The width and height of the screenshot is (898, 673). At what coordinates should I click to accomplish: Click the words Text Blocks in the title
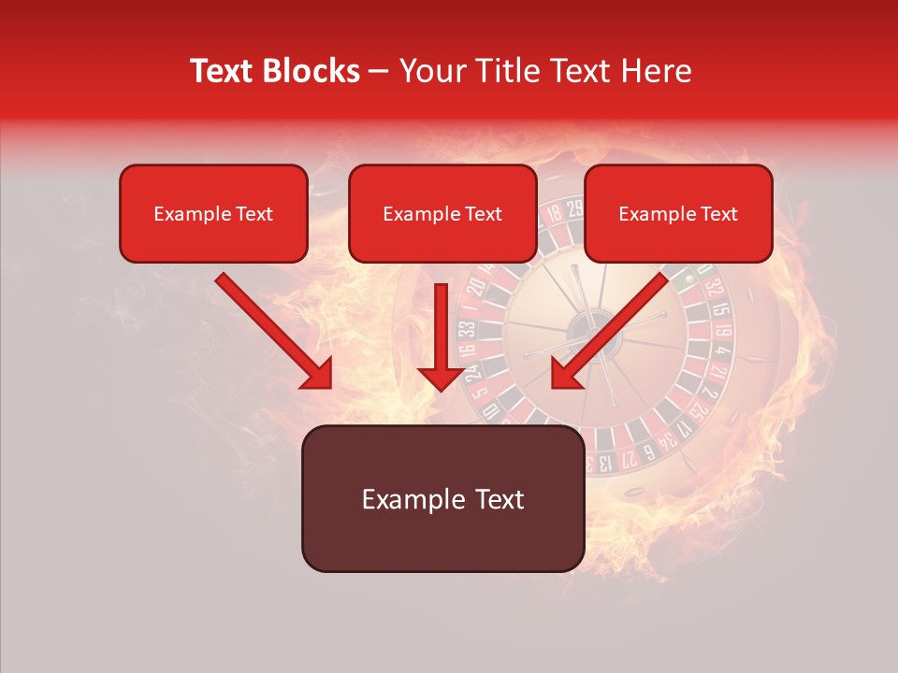[275, 71]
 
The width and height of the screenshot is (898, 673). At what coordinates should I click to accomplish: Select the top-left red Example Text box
[213, 213]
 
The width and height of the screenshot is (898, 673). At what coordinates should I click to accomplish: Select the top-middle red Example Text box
[442, 213]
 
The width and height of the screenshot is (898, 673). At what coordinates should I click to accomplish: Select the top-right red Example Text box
[678, 213]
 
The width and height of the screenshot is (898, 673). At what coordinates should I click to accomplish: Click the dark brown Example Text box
[442, 498]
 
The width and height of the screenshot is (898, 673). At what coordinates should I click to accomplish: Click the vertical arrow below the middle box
[442, 336]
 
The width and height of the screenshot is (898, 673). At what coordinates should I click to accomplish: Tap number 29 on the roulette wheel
[573, 209]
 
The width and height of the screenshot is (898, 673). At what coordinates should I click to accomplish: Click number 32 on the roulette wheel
[715, 286]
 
